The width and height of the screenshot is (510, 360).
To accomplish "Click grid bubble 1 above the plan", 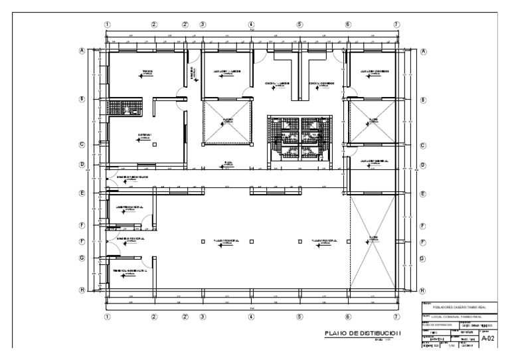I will (x=107, y=25).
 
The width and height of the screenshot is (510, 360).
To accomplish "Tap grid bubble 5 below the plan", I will (x=299, y=317).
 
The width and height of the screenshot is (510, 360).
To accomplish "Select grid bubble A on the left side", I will (x=82, y=50).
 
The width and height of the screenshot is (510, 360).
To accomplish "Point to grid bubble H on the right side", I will (x=422, y=290).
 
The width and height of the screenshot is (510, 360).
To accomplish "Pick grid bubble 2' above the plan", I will (x=185, y=25).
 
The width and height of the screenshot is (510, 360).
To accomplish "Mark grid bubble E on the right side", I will (x=422, y=193).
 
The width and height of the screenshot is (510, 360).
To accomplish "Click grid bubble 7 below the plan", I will (x=396, y=317).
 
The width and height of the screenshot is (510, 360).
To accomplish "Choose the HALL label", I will (x=228, y=161).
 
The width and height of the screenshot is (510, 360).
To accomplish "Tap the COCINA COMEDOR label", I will (x=321, y=84).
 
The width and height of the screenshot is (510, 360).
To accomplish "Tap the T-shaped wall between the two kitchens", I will (x=294, y=66).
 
